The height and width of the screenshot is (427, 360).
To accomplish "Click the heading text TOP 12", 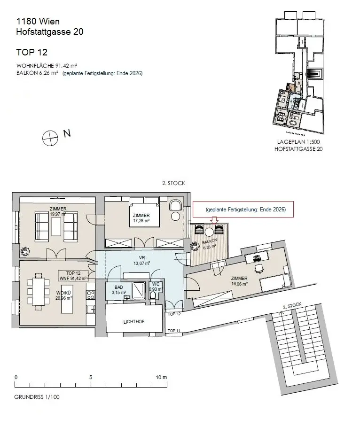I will pyautogui.click(x=31, y=52).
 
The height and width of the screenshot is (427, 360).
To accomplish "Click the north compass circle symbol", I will pyautogui.click(x=50, y=138).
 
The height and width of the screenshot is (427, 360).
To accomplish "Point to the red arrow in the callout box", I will pyautogui.click(x=214, y=219).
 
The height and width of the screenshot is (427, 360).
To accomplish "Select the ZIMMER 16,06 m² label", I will pyautogui.click(x=239, y=281).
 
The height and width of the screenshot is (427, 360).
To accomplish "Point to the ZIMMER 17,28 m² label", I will pyautogui.click(x=141, y=217).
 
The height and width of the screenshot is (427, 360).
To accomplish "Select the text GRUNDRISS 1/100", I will pyautogui.click(x=37, y=397).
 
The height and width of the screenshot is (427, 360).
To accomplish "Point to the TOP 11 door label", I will pyautogui.click(x=174, y=331).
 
